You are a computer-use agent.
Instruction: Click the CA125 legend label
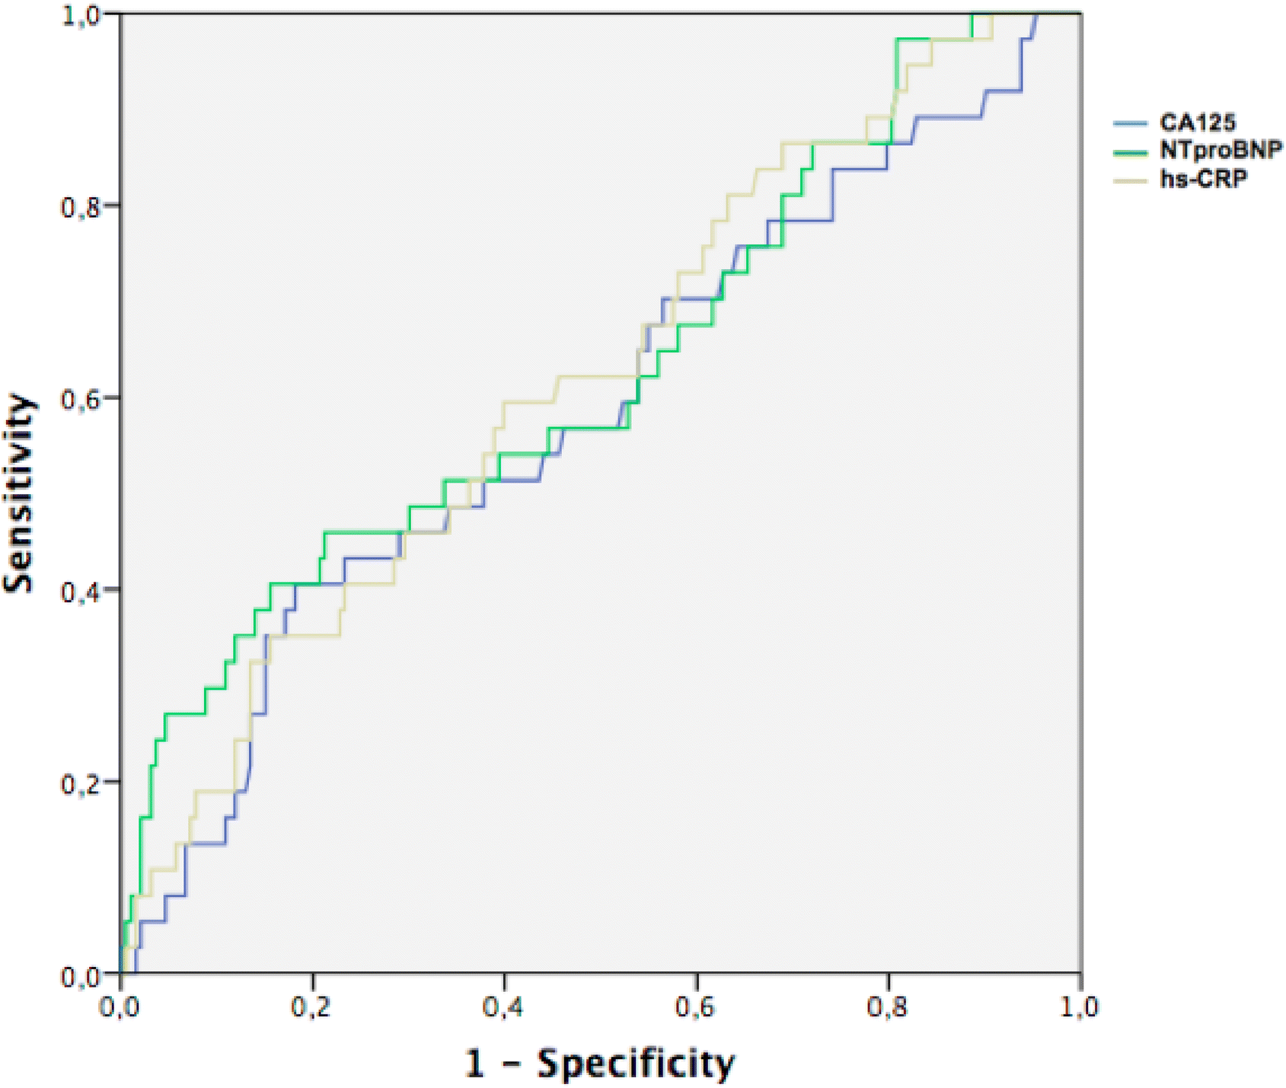(x=1197, y=123)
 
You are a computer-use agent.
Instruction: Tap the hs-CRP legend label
(x=1203, y=178)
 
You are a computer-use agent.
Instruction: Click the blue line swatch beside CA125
(x=1130, y=123)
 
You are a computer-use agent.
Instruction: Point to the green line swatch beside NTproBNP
(x=1130, y=152)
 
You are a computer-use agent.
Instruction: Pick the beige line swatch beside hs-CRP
(x=1130, y=180)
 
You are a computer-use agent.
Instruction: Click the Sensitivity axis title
(x=19, y=493)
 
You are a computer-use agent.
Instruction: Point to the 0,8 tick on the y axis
(x=79, y=206)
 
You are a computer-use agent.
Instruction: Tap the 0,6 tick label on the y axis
(x=79, y=398)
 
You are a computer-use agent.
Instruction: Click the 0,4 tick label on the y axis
(x=79, y=590)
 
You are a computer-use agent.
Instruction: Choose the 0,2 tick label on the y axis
(x=79, y=782)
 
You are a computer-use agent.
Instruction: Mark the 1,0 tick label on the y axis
(x=79, y=14)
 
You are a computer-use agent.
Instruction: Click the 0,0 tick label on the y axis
(x=79, y=975)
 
